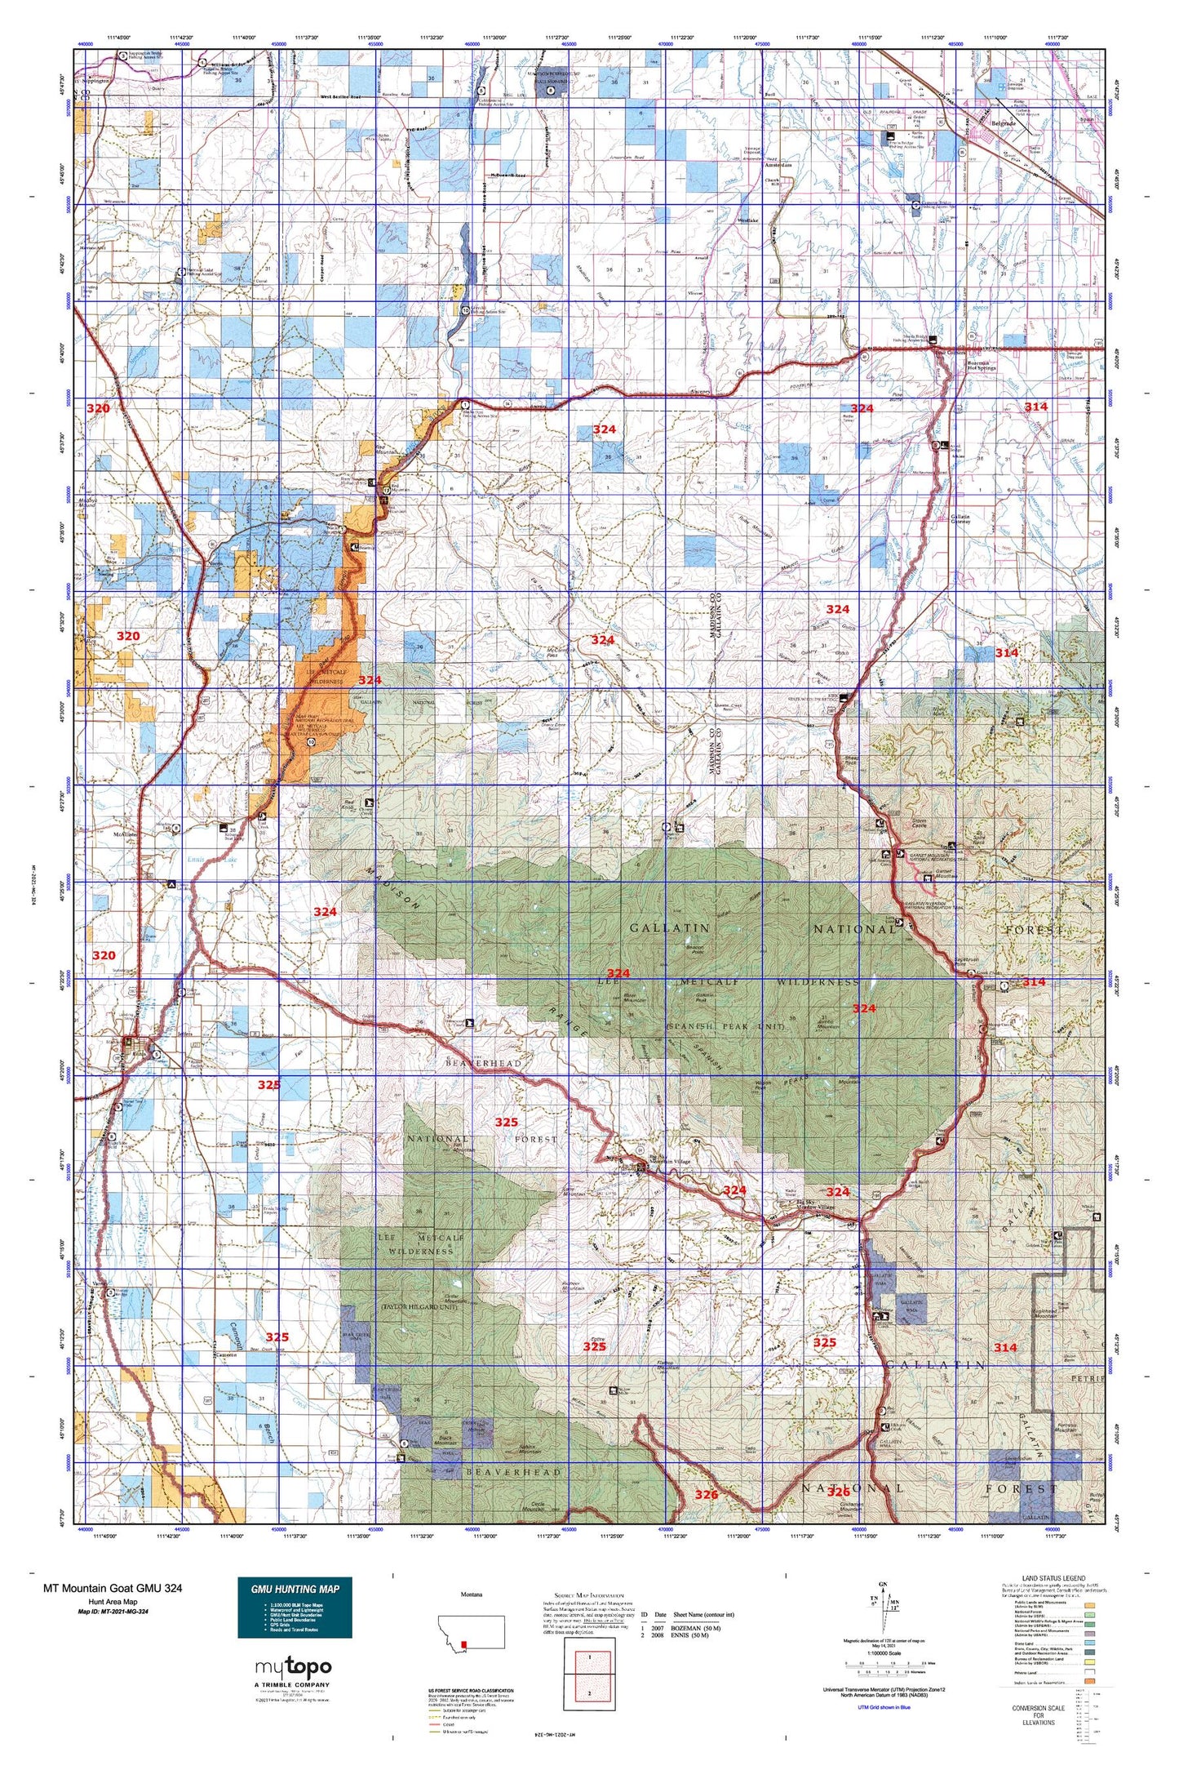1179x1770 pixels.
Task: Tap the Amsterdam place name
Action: click(779, 166)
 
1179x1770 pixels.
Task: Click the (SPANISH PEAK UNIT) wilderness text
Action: click(725, 1025)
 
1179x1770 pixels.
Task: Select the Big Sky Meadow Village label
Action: click(826, 1207)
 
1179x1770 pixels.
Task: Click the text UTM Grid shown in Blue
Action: click(884, 1707)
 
